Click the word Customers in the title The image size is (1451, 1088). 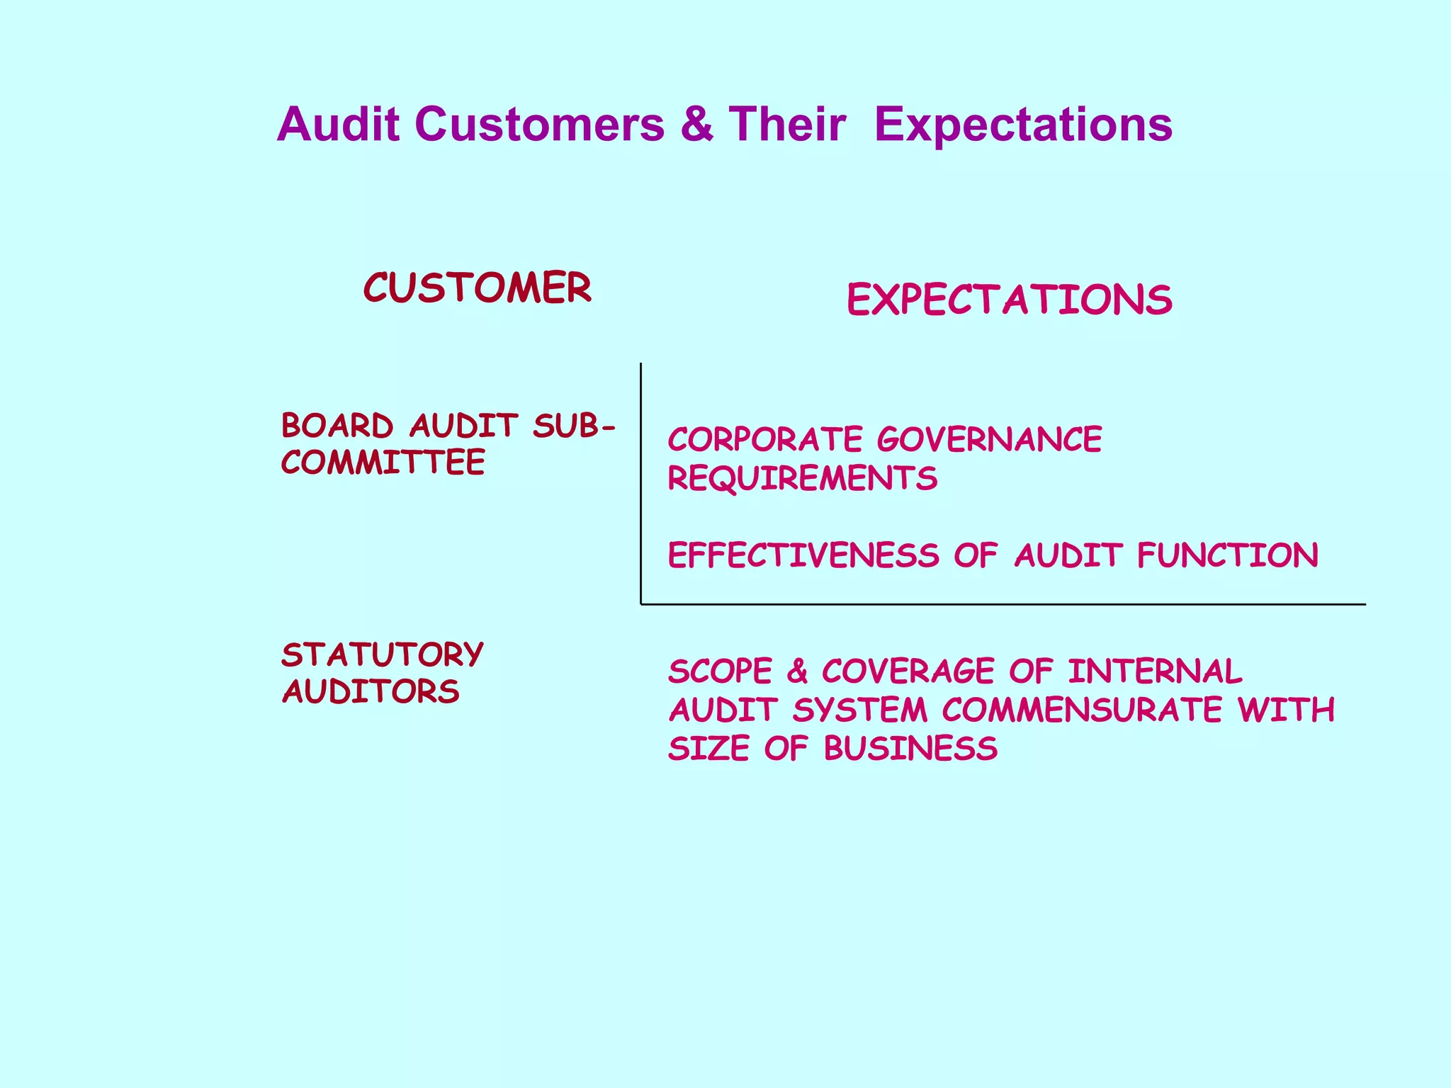pyautogui.click(x=540, y=125)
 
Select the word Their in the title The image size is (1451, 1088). pyautogui.click(x=787, y=125)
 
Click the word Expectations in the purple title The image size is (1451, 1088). pyautogui.click(x=1023, y=125)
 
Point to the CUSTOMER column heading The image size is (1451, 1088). pyautogui.click(x=477, y=288)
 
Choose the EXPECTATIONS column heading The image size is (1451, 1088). pyautogui.click(x=1009, y=300)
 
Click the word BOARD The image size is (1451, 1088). pyautogui.click(x=337, y=426)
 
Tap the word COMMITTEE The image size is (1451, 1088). pyautogui.click(x=383, y=463)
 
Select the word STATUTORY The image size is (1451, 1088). pyautogui.click(x=383, y=655)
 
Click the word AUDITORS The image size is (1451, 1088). pyautogui.click(x=371, y=692)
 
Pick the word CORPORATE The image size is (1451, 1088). pyautogui.click(x=765, y=440)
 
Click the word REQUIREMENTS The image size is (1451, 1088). pyautogui.click(x=803, y=479)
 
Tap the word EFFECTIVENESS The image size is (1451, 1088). pyautogui.click(x=803, y=555)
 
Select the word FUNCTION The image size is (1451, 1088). pyautogui.click(x=1228, y=555)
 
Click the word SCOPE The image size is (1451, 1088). pyautogui.click(x=720, y=672)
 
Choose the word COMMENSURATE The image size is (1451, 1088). pyautogui.click(x=1082, y=710)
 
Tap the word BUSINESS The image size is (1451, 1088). pyautogui.click(x=910, y=749)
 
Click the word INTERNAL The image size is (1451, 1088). pyautogui.click(x=1155, y=672)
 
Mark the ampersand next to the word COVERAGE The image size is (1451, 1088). pyautogui.click(x=797, y=672)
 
